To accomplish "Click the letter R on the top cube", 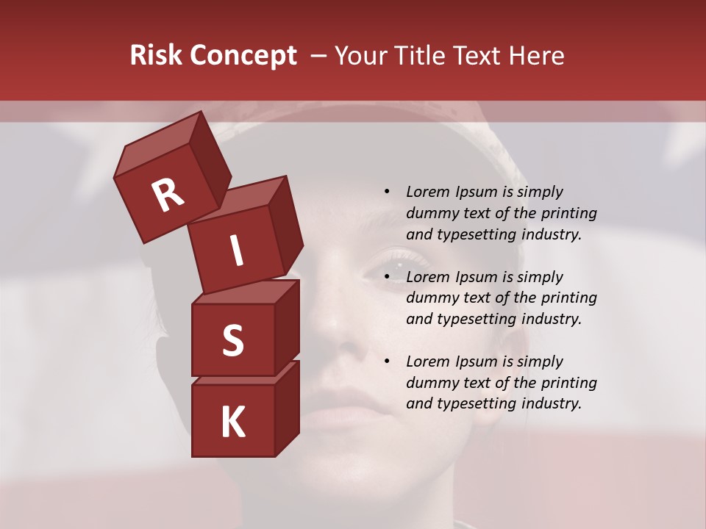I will (x=168, y=195).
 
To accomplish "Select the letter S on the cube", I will (x=232, y=340).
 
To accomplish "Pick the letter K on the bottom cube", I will (x=232, y=422).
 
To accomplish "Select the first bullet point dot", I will (x=387, y=192).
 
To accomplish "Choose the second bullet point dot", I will (x=387, y=277).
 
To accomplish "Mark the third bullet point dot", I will (x=387, y=361).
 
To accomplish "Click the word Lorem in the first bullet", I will (x=428, y=192).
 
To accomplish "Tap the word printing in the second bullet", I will (x=568, y=298).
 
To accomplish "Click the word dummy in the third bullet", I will (x=432, y=383).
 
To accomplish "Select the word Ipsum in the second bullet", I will (x=477, y=277).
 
